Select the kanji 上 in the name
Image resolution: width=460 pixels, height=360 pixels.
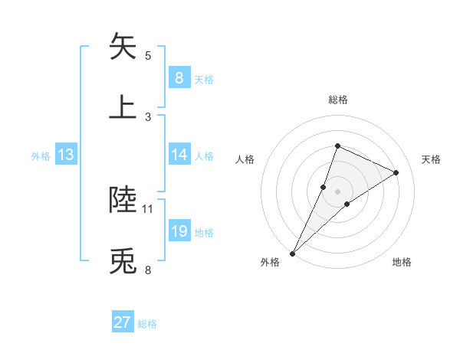[123, 106]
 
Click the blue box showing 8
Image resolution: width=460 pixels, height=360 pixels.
[179, 78]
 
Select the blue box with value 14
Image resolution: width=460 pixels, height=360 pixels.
[179, 155]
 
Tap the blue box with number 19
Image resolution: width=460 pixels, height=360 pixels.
[179, 231]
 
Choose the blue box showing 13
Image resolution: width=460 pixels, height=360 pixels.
[65, 155]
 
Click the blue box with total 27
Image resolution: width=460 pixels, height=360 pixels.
[123, 322]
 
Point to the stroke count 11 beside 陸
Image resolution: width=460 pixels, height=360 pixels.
[148, 208]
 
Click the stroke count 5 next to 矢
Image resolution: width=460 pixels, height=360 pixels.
[148, 56]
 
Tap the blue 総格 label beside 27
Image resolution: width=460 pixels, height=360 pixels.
[147, 324]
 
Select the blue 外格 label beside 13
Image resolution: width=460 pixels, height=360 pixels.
[41, 156]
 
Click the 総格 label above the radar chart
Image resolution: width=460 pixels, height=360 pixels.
[337, 100]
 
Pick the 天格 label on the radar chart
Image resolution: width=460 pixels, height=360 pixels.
[432, 159]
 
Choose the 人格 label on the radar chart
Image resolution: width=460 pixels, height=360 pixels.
[245, 159]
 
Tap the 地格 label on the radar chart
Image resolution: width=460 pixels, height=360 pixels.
[402, 262]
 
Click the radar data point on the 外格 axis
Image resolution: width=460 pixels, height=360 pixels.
[293, 253]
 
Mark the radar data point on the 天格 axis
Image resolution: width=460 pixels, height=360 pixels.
[396, 172]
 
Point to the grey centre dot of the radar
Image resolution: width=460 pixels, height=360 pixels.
[337, 191]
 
